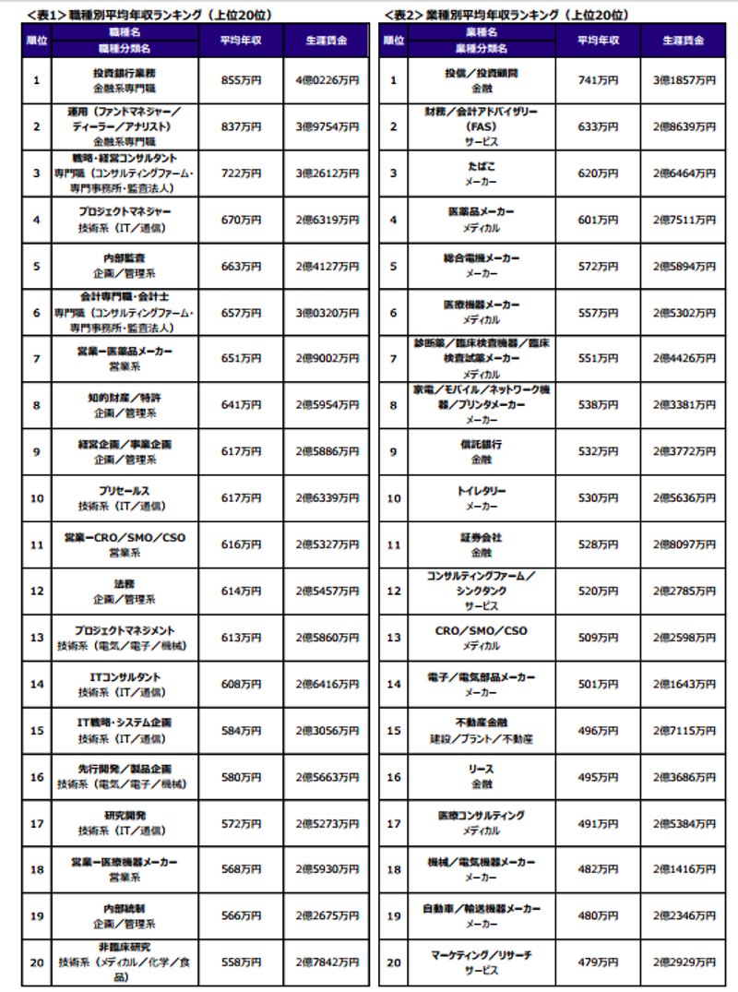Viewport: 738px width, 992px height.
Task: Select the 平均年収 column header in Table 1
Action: [x=242, y=42]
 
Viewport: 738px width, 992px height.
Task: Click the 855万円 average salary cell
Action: [x=242, y=80]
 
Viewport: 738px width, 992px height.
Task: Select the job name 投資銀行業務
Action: [x=125, y=73]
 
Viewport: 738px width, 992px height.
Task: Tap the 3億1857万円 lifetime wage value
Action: [x=684, y=80]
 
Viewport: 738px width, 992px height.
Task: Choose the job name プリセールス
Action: [x=125, y=491]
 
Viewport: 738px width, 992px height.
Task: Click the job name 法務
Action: [x=125, y=584]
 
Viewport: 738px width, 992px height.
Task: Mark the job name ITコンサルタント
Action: [x=125, y=677]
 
